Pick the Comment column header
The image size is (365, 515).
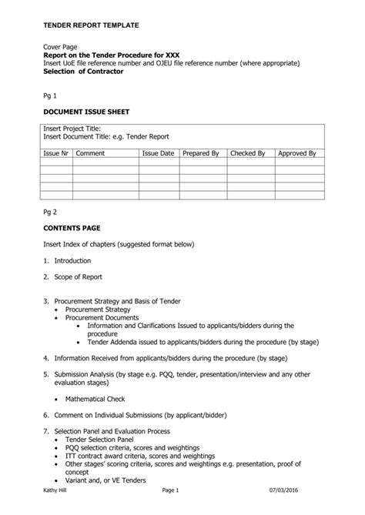pos(90,154)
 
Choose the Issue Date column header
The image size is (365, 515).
pos(158,154)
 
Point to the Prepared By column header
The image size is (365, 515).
pos(201,154)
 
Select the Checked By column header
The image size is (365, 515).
pos(248,154)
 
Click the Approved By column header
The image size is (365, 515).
pos(296,154)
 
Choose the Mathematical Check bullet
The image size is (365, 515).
pos(95,399)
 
